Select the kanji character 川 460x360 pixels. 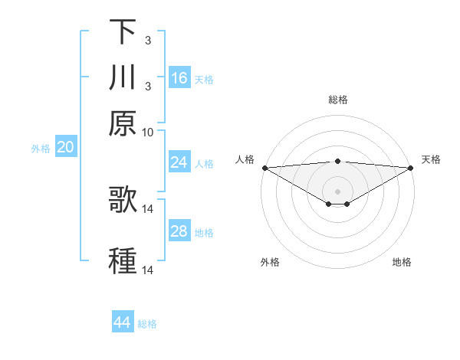tap(123, 78)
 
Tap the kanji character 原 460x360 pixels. tap(123, 123)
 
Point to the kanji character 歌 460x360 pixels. tap(123, 200)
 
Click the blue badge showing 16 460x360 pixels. tap(179, 78)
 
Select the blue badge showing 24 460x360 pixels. tap(179, 162)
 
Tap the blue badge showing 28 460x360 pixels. tap(179, 231)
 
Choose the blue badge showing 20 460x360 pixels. tap(65, 148)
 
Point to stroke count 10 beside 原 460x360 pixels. tap(148, 132)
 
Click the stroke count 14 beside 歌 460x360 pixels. tap(148, 208)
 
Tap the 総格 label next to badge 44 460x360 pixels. tap(147, 324)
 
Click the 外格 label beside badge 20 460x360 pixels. tap(41, 149)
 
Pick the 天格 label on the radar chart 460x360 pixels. tap(431, 159)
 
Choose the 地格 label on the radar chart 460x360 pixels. tap(402, 262)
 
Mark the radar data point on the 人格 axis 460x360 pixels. tap(264, 168)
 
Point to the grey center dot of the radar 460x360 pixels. tap(337, 191)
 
